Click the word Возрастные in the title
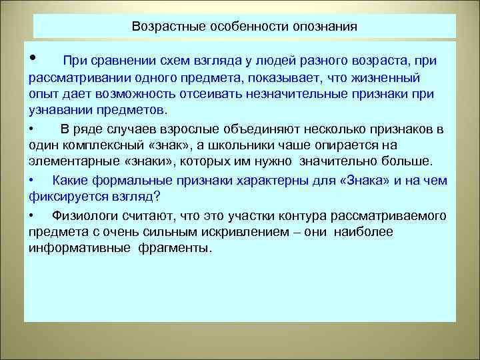[163, 27]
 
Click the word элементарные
[67, 161]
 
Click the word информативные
[71, 248]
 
